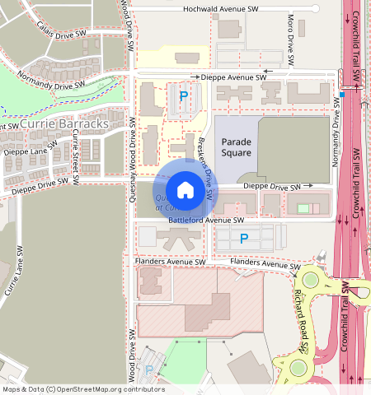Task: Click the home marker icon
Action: coord(185,190)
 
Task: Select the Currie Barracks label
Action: coord(63,124)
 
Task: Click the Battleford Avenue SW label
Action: coord(206,221)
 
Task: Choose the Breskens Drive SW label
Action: coord(206,168)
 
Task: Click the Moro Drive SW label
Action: coord(290,39)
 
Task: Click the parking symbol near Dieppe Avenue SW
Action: coord(183,96)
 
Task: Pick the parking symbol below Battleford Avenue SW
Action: coord(242,239)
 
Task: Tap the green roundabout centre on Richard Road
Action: coord(310,280)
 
